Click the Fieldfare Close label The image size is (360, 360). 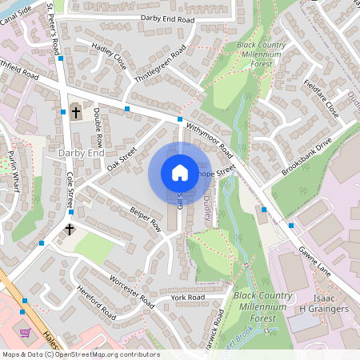click(x=322, y=98)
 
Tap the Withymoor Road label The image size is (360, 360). click(x=209, y=139)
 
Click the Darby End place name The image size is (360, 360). click(x=82, y=151)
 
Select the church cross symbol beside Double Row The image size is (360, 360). click(x=76, y=113)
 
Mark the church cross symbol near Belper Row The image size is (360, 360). click(x=70, y=230)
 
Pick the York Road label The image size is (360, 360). click(x=188, y=297)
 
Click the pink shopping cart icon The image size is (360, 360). click(x=26, y=331)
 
